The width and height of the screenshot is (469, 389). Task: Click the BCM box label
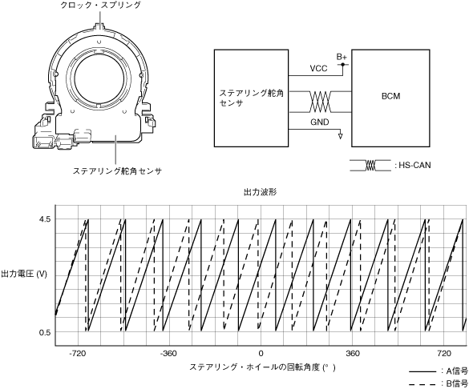tap(390, 96)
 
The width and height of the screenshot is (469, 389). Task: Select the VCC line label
tap(318, 68)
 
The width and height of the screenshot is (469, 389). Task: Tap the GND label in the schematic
tap(319, 122)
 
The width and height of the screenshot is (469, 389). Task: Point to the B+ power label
tap(342, 57)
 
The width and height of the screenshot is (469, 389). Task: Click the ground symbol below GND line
tap(340, 136)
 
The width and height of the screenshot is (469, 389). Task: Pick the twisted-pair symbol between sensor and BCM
tap(320, 102)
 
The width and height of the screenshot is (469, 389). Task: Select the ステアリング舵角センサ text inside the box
tap(251, 98)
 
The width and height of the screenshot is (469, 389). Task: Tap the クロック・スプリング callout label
tap(100, 5)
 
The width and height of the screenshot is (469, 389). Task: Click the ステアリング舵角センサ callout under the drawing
tap(117, 171)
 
